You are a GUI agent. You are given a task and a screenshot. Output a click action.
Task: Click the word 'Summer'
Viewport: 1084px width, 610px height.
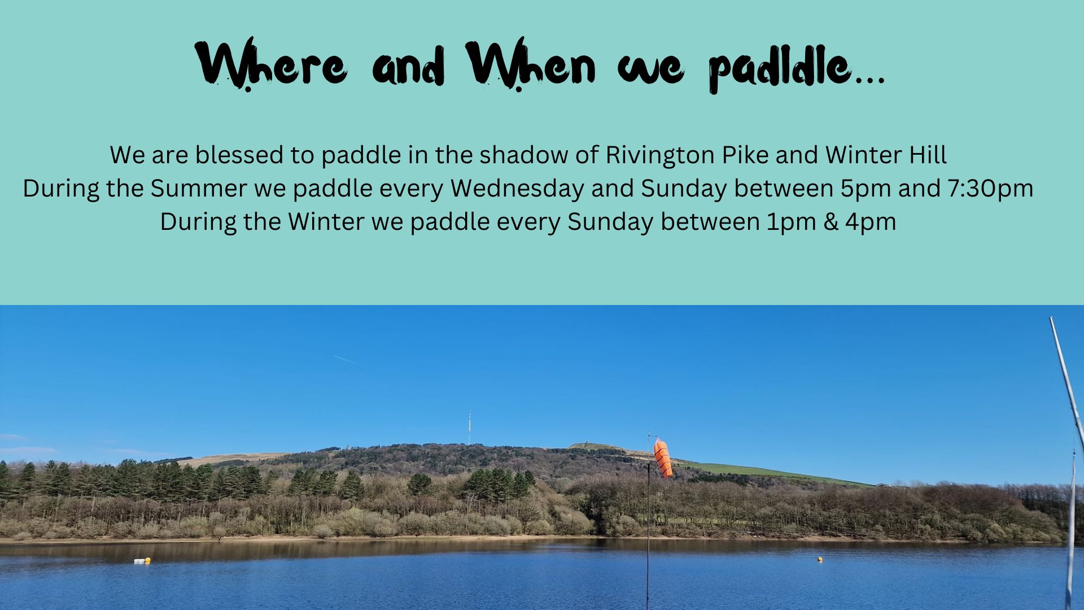point(198,188)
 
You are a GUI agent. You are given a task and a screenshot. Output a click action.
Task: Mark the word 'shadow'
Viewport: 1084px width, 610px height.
point(523,155)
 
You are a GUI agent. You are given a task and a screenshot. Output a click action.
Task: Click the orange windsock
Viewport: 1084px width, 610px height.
point(663,458)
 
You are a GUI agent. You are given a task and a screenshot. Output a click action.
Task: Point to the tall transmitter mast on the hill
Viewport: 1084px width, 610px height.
point(469,428)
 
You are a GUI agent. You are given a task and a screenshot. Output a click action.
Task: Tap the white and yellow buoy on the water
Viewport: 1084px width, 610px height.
point(142,561)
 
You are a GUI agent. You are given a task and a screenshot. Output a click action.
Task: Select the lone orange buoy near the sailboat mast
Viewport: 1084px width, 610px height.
point(820,559)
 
